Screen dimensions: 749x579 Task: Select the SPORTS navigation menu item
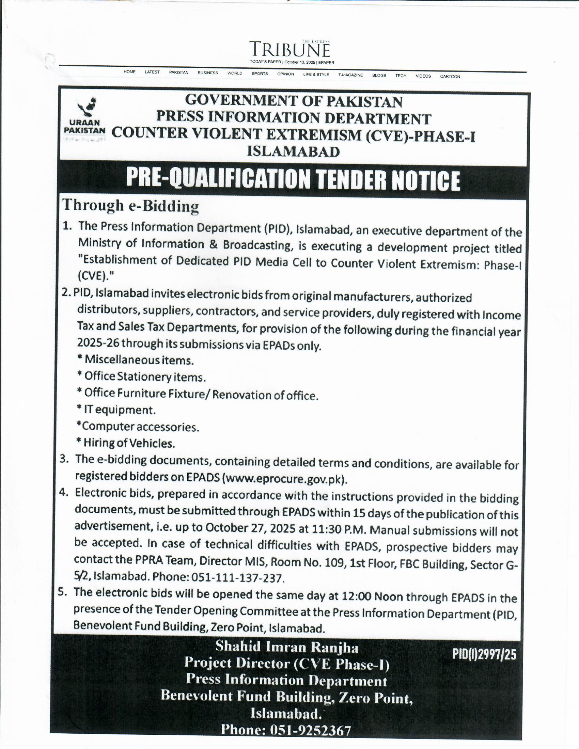coord(260,74)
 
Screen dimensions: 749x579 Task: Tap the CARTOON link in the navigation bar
coord(450,77)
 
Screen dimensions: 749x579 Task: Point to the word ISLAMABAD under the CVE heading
coord(293,151)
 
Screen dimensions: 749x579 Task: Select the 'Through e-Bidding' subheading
coord(130,206)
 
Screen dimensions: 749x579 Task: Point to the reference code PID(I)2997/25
coord(484,655)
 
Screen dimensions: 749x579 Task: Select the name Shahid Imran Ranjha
coord(287,647)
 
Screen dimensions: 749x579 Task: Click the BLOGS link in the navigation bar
coord(379,76)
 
